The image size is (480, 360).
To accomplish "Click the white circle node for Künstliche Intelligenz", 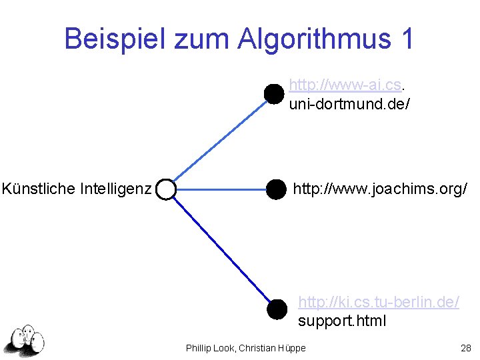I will coord(165,190).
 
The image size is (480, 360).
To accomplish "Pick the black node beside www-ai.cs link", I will coord(273,94).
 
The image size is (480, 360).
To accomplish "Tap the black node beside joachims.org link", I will coord(275,190).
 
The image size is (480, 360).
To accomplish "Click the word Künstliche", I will coord(38,189).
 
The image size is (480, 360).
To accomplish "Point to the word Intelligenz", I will coord(115,189).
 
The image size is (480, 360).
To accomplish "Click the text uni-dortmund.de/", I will coord(349,104).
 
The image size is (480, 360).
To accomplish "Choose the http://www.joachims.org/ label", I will coord(380,189).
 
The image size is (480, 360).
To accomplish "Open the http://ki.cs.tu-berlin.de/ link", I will coord(379,302).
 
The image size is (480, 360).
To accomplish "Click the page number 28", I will coord(465,348).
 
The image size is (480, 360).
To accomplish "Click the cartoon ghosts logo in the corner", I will coord(25,340).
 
